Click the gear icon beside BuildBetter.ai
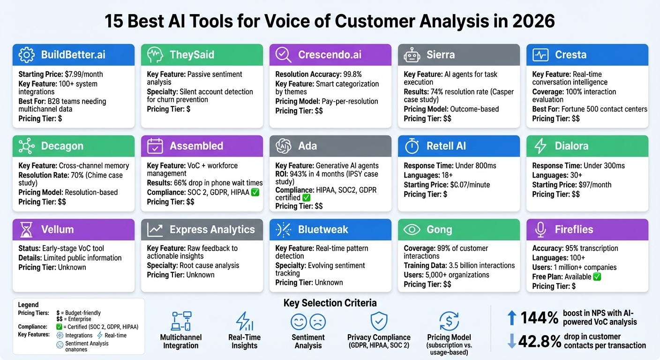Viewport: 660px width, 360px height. pyautogui.click(x=26, y=55)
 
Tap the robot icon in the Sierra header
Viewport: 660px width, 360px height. pyautogui.click(x=412, y=55)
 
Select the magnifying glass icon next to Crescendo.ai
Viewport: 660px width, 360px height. pyautogui.click(x=283, y=55)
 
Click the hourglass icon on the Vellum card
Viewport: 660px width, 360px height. pyautogui.click(x=26, y=230)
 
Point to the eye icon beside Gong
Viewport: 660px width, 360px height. pyautogui.click(x=412, y=230)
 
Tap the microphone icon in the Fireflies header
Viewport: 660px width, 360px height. pyautogui.click(x=540, y=230)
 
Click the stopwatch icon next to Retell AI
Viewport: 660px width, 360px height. pyautogui.click(x=412, y=146)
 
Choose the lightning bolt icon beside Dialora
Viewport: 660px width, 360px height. pyautogui.click(x=540, y=146)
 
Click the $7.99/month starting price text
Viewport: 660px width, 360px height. pyautogui.click(x=83, y=75)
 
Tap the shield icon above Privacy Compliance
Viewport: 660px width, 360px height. pyautogui.click(x=379, y=322)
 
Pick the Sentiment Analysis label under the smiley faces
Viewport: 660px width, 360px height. pyautogui.click(x=308, y=341)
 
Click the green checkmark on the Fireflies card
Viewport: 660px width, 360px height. pyautogui.click(x=597, y=277)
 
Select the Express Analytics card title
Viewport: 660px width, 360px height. pyautogui.click(x=212, y=230)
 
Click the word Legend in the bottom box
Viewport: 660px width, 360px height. pyautogui.click(x=28, y=305)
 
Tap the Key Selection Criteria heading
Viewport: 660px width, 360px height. pyautogui.click(x=330, y=303)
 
